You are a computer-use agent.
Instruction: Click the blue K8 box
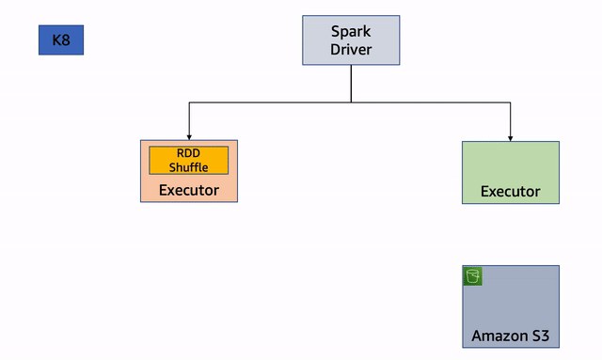(x=61, y=40)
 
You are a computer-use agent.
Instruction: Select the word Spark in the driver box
(x=350, y=31)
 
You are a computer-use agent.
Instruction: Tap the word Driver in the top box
(x=350, y=49)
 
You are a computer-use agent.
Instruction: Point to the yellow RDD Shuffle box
(x=189, y=160)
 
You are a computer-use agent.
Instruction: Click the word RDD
(x=189, y=153)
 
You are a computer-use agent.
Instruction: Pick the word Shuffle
(x=189, y=167)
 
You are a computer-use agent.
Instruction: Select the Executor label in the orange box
(x=189, y=190)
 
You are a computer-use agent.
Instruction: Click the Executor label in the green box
(x=511, y=191)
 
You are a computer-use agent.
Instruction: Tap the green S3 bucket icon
(x=473, y=275)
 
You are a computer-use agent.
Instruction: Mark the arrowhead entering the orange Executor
(x=189, y=136)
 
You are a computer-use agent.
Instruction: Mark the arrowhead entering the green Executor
(x=511, y=137)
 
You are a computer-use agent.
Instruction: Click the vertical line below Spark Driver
(x=351, y=83)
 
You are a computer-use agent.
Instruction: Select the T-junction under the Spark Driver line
(x=351, y=102)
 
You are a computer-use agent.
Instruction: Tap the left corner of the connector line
(x=189, y=102)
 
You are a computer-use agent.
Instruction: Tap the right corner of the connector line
(x=511, y=102)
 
